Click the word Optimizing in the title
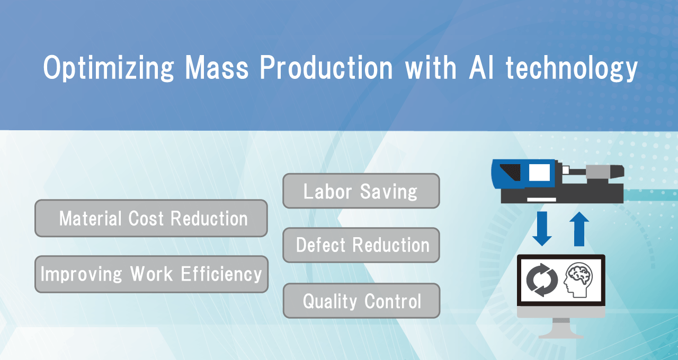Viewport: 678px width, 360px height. click(x=109, y=68)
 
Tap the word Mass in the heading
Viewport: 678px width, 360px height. click(x=217, y=68)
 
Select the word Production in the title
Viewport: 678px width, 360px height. click(x=326, y=68)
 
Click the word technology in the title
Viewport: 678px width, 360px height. click(x=572, y=69)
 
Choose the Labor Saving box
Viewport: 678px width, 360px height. click(x=361, y=191)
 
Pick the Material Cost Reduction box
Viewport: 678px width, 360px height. click(x=151, y=218)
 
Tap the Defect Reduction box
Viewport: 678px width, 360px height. click(x=361, y=245)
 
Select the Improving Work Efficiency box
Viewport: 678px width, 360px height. click(x=151, y=274)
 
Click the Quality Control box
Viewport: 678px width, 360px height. click(x=361, y=301)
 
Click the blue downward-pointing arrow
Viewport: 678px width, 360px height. click(x=542, y=228)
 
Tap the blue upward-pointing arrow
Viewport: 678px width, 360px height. click(x=579, y=228)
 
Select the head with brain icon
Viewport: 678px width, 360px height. click(x=578, y=280)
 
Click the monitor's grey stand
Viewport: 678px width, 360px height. click(x=561, y=328)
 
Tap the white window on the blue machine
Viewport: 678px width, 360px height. click(x=539, y=173)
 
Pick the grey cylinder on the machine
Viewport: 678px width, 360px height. click(x=598, y=172)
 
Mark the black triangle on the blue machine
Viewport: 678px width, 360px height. click(x=510, y=173)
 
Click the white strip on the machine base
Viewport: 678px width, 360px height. click(x=541, y=200)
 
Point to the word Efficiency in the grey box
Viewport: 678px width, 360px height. click(x=221, y=274)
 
